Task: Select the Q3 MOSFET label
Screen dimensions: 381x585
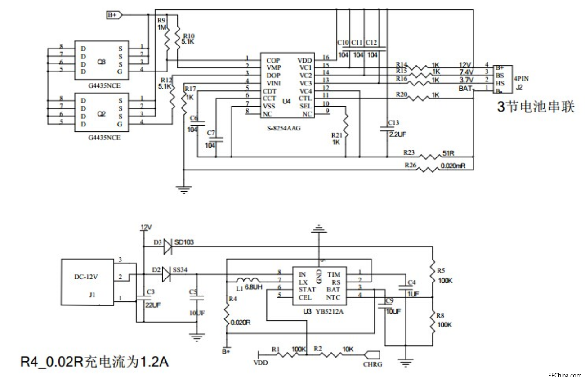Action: click(x=101, y=62)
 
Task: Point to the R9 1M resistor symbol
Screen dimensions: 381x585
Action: click(x=167, y=41)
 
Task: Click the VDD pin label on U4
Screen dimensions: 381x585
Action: click(x=305, y=60)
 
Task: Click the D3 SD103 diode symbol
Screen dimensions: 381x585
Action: click(x=168, y=246)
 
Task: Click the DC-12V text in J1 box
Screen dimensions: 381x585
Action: click(x=85, y=277)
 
